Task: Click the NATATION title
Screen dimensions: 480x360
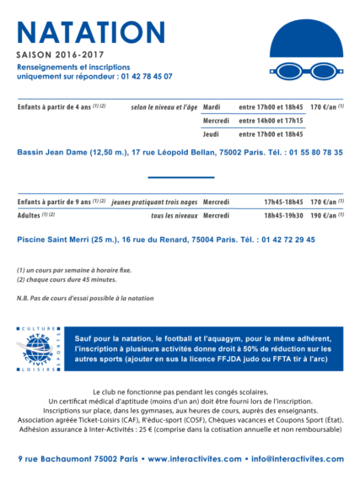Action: point(91,32)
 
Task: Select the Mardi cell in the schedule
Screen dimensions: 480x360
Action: point(212,107)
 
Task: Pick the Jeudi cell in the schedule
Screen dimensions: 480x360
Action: point(211,134)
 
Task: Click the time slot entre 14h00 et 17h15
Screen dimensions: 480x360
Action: point(271,121)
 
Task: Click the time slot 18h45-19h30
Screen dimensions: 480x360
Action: point(282,216)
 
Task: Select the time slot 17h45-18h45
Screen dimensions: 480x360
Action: point(282,202)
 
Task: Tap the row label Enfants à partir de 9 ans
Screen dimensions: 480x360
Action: point(56,202)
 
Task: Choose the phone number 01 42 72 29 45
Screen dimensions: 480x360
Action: point(287,240)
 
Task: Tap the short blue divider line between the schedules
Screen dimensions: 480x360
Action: point(180,177)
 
